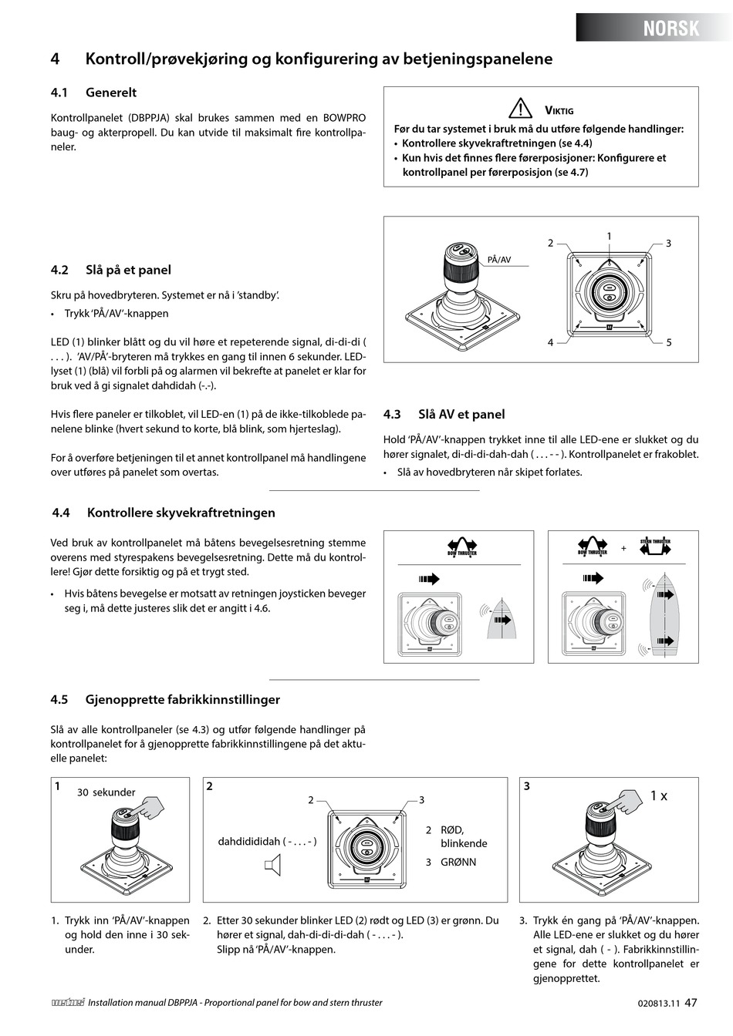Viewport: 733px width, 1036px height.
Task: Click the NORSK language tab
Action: pyautogui.click(x=671, y=29)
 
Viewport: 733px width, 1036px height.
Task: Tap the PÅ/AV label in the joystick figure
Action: pyautogui.click(x=499, y=260)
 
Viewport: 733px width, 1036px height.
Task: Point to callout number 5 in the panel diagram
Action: pyautogui.click(x=668, y=342)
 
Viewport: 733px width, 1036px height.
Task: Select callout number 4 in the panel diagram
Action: pyautogui.click(x=550, y=342)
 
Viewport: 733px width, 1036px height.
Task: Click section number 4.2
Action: pyautogui.click(x=59, y=270)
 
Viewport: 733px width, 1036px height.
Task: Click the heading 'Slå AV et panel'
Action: pyautogui.click(x=461, y=414)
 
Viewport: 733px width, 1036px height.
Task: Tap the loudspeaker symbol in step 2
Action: pyautogui.click(x=272, y=869)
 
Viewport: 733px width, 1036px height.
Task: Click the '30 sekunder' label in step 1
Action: pyautogui.click(x=106, y=792)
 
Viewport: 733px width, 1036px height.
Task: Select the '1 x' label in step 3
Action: pyautogui.click(x=658, y=795)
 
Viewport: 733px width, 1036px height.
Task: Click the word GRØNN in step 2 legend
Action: pyautogui.click(x=458, y=862)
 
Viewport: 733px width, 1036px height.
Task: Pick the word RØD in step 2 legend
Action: pyautogui.click(x=451, y=830)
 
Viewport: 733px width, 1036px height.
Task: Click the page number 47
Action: pyautogui.click(x=691, y=1003)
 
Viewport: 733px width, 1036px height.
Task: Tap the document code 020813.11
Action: pyautogui.click(x=659, y=1004)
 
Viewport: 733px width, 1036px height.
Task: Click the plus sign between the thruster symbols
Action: pyautogui.click(x=623, y=549)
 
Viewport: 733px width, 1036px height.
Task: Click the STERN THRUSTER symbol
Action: pyautogui.click(x=655, y=547)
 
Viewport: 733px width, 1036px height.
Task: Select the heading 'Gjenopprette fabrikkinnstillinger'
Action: pyautogui.click(x=183, y=700)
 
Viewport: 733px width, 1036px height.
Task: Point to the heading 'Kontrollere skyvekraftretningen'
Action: pyautogui.click(x=181, y=513)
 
